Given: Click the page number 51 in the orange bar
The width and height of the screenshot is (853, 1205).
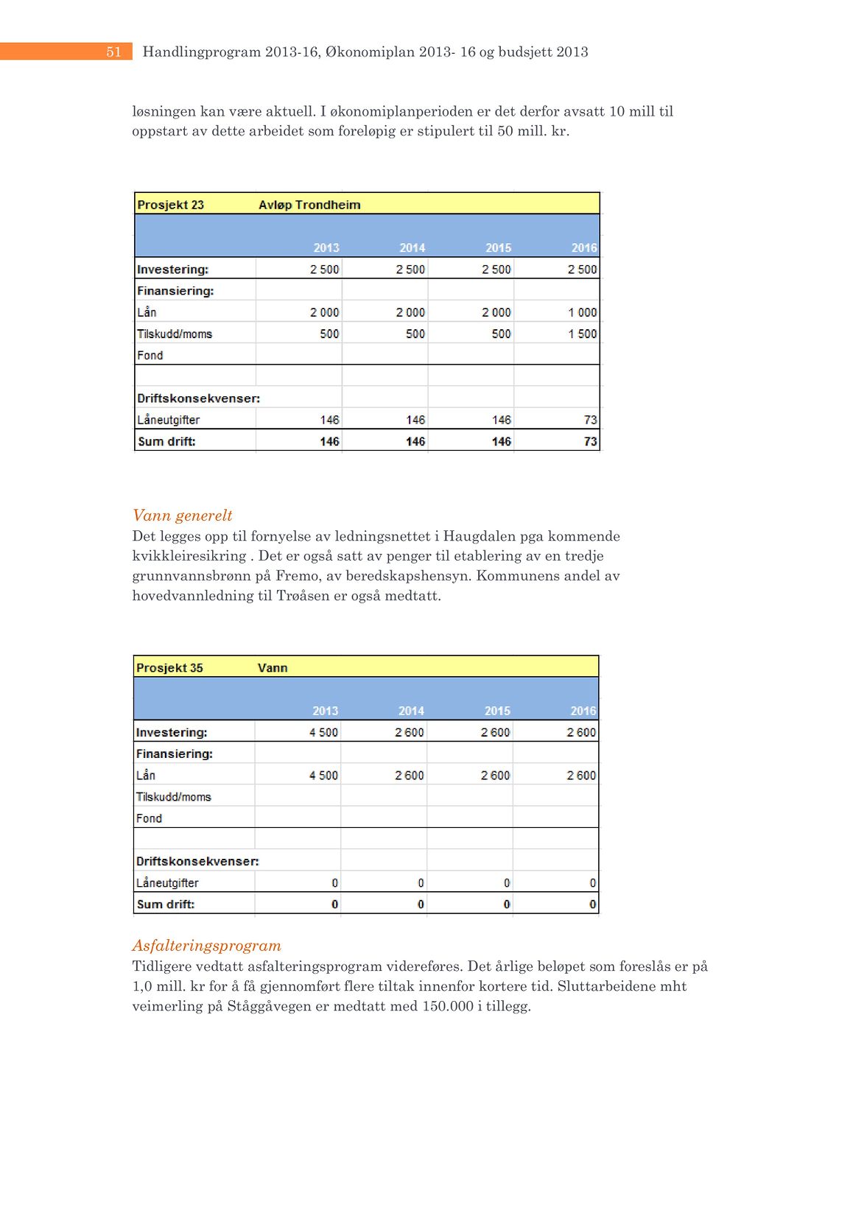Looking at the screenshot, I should [113, 52].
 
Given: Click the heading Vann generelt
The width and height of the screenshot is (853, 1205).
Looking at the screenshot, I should [182, 516].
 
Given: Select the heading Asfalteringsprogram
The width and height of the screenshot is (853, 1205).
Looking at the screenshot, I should [206, 946].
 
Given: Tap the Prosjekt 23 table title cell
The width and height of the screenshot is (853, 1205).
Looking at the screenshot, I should [170, 205].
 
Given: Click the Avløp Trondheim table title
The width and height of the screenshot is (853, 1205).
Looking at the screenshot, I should [309, 205].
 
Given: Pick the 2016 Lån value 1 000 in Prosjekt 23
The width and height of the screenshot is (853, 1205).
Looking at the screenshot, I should [582, 312].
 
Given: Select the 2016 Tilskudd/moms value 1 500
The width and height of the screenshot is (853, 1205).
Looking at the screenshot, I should [582, 334].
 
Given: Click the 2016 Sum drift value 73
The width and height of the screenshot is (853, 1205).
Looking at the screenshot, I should [590, 442].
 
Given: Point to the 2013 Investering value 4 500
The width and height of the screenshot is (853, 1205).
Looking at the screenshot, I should [323, 733].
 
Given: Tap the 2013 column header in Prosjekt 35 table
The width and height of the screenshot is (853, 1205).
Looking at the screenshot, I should [325, 711].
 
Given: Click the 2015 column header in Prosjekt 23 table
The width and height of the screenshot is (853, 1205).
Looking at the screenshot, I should [498, 247].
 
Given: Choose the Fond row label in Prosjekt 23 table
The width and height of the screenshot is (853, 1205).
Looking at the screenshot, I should [150, 355].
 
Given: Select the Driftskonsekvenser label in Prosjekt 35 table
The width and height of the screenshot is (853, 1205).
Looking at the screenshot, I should [197, 861].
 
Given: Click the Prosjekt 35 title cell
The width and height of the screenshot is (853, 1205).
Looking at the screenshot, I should [169, 668].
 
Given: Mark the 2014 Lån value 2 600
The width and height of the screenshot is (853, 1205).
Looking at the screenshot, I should [410, 776].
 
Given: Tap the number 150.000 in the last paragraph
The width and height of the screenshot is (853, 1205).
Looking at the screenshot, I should [448, 1006].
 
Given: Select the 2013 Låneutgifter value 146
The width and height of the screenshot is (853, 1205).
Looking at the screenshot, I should [329, 420].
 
